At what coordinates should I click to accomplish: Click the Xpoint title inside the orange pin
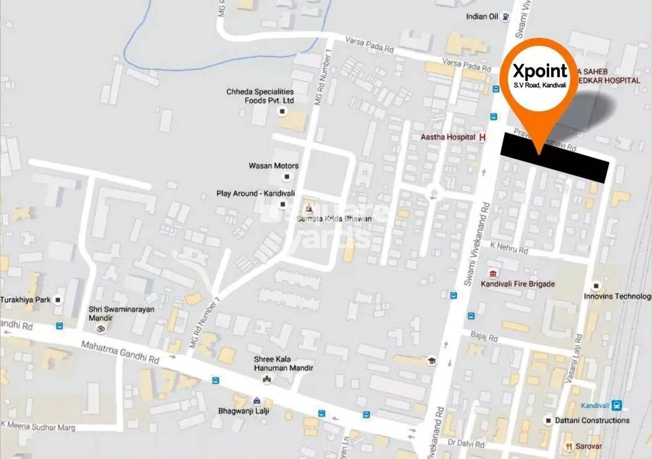click(540, 70)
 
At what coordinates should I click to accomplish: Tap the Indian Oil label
click(482, 17)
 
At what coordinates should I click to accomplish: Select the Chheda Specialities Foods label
click(259, 96)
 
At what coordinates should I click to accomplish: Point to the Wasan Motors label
click(273, 166)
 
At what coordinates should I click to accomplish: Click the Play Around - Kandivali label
click(246, 194)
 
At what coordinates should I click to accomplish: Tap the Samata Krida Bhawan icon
click(308, 209)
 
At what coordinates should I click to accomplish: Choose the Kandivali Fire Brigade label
click(518, 284)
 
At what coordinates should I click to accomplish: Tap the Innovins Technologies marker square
click(596, 286)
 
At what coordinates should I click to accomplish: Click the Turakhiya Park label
click(25, 300)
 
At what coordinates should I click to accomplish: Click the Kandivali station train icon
click(616, 406)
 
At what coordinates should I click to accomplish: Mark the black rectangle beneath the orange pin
click(554, 158)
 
